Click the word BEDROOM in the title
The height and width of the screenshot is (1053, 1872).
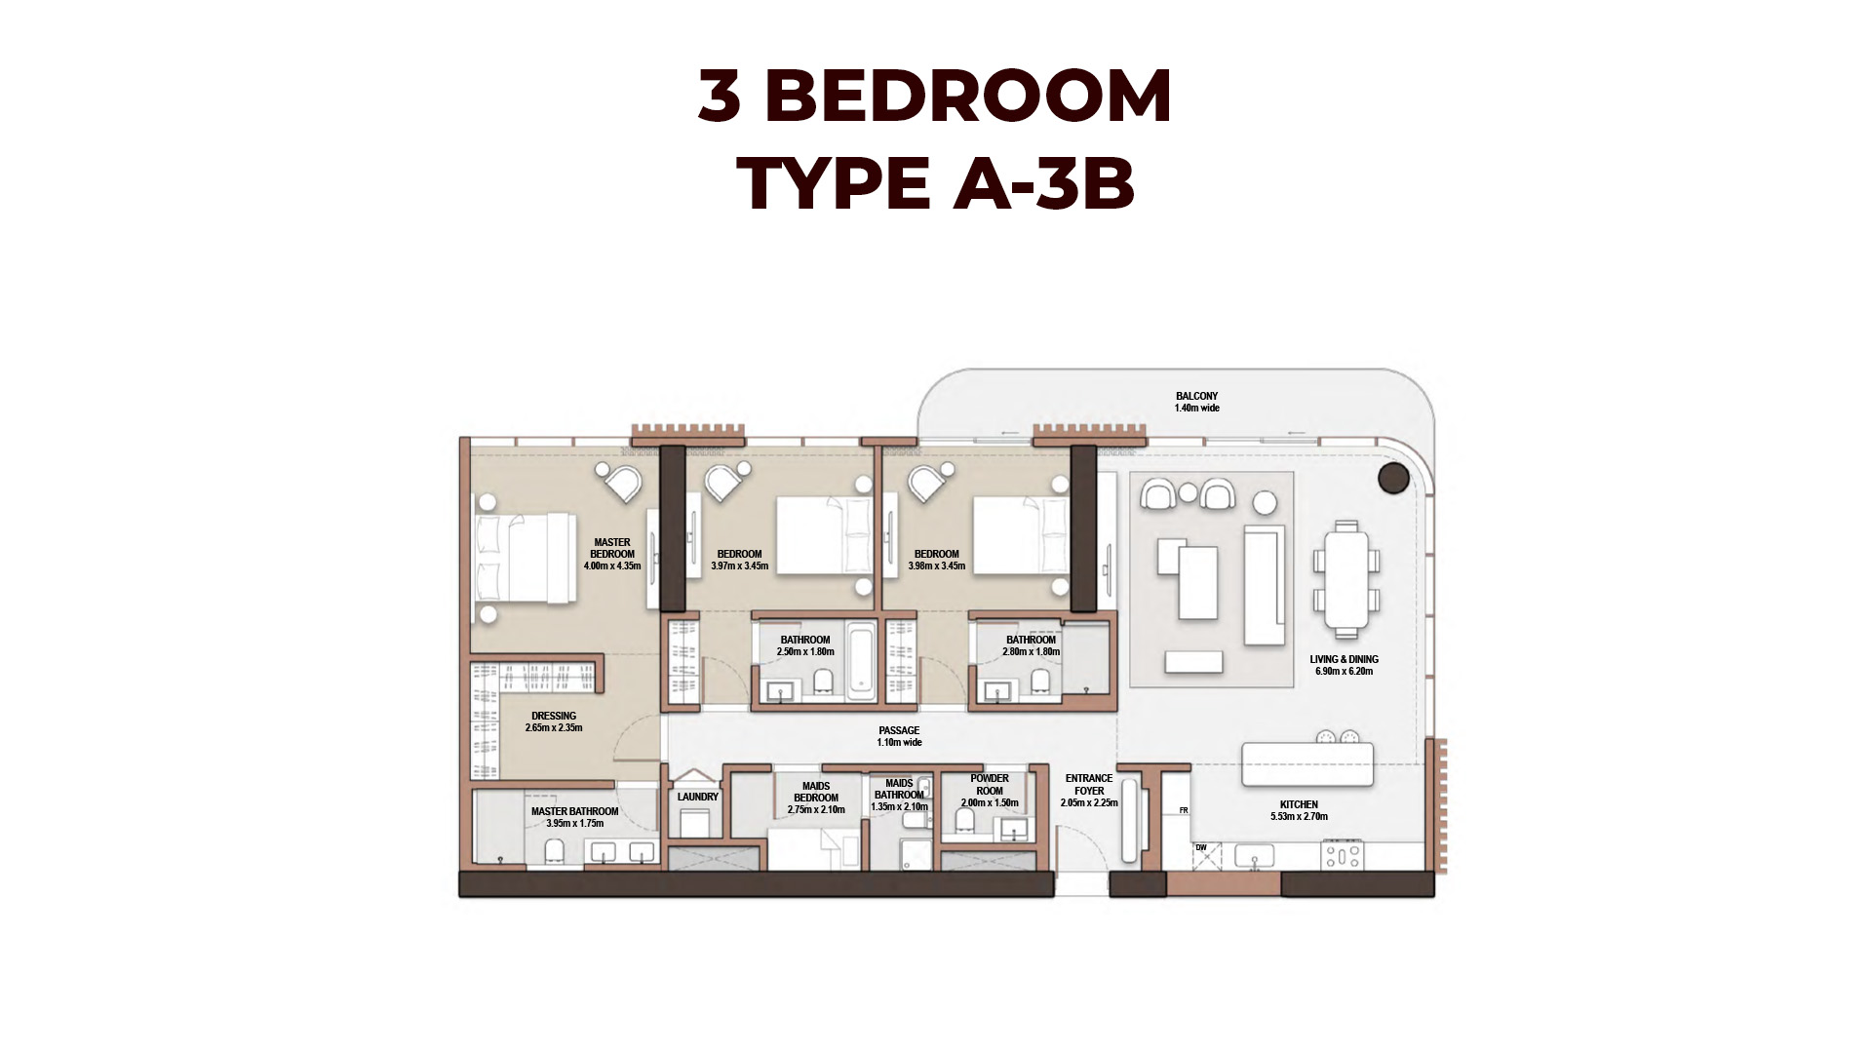[x=968, y=97]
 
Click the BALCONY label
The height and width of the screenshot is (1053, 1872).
[x=1196, y=397]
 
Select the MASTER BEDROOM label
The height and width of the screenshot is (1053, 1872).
[x=612, y=548]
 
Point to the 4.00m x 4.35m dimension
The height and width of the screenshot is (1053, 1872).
[x=612, y=565]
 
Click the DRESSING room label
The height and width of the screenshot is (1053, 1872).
[x=554, y=716]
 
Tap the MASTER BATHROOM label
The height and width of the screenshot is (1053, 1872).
[x=574, y=811]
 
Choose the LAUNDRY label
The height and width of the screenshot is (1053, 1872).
[x=698, y=797]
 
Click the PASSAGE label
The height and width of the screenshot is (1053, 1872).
[x=899, y=730]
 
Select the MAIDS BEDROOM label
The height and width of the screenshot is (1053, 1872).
[x=816, y=792]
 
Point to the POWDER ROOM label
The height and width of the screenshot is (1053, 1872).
[x=990, y=785]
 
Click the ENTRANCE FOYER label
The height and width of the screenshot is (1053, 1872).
[x=1089, y=785]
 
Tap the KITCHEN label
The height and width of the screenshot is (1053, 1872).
[x=1299, y=804]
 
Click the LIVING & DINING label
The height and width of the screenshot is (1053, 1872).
[x=1344, y=659]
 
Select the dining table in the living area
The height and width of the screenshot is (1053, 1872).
[x=1346, y=579]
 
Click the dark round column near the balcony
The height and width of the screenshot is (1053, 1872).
[x=1393, y=479]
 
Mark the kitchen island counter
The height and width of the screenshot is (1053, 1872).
[x=1307, y=764]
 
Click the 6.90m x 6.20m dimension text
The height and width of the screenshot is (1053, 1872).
[x=1344, y=671]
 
